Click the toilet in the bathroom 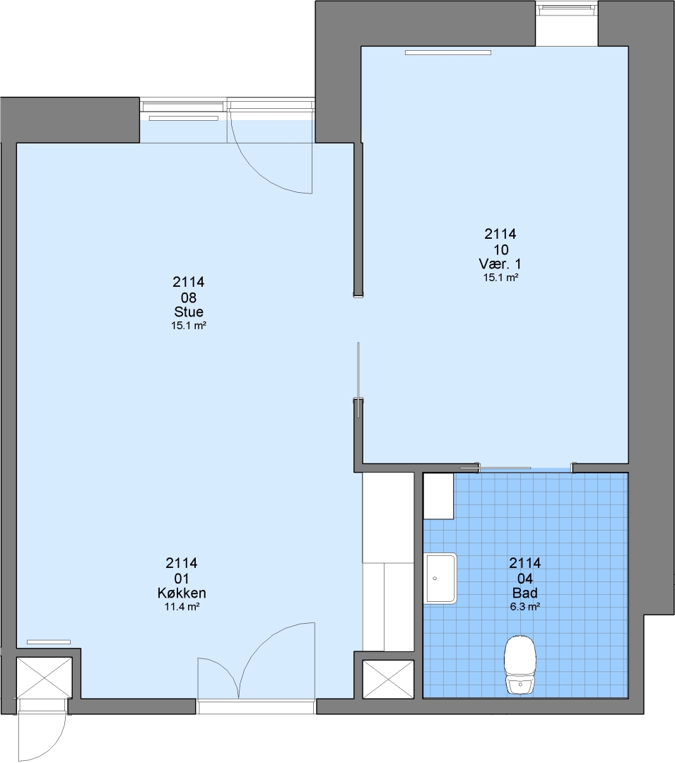(x=520, y=665)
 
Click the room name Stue (x=189, y=312)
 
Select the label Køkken (x=182, y=593)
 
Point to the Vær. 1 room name (x=500, y=264)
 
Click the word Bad (x=524, y=593)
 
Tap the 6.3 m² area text (x=524, y=607)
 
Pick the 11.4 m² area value (x=182, y=607)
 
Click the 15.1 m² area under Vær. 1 (x=500, y=278)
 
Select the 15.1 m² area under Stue (x=189, y=326)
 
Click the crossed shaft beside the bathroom (x=388, y=680)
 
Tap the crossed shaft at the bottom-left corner (x=45, y=678)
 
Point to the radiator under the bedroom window (x=448, y=52)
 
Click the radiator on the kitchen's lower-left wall (x=49, y=641)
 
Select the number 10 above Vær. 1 (x=501, y=249)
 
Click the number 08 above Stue (x=189, y=297)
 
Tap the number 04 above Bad (x=524, y=579)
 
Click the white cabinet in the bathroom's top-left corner (x=438, y=496)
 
